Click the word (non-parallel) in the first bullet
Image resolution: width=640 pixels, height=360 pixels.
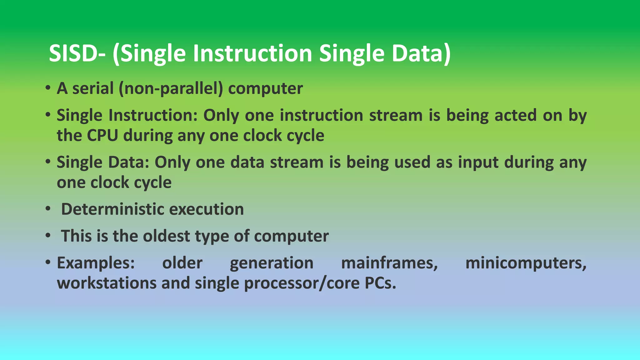tap(171, 89)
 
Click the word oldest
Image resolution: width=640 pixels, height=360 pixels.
tap(166, 236)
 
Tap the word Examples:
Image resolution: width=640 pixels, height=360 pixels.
tap(96, 263)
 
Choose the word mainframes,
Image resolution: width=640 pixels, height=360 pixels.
tap(389, 263)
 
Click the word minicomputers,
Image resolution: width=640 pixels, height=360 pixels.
tap(526, 263)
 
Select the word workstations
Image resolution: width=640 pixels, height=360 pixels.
tap(107, 283)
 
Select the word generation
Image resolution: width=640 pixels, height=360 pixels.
tap(272, 263)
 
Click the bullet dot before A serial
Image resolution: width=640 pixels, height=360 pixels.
tap(47, 88)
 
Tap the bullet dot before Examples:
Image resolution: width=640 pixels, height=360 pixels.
tap(47, 262)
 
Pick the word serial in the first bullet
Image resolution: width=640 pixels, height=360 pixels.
tap(93, 89)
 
